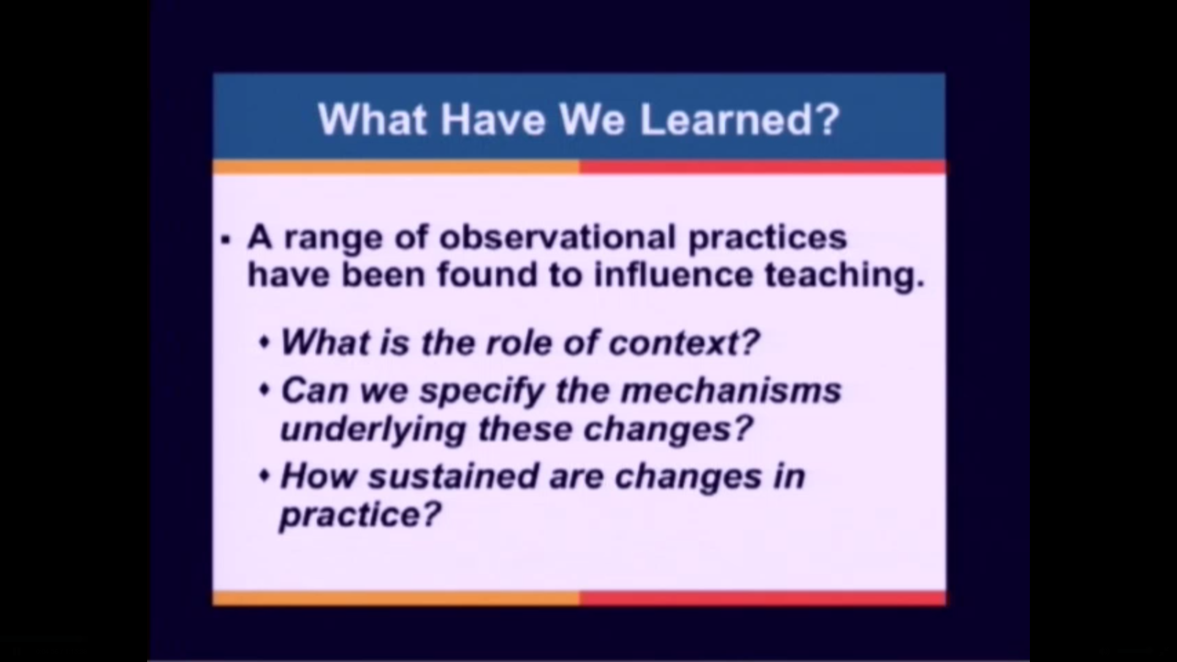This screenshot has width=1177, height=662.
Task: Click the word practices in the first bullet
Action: point(767,238)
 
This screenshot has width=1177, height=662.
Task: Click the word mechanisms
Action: point(731,390)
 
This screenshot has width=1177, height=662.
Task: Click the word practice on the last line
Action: point(360,515)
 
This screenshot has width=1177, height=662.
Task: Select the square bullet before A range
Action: point(227,240)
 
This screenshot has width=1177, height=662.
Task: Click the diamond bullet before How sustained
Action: point(265,476)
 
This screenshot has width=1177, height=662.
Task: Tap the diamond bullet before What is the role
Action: point(265,342)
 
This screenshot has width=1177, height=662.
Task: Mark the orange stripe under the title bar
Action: point(395,167)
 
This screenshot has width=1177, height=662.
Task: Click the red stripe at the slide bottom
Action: point(762,598)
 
